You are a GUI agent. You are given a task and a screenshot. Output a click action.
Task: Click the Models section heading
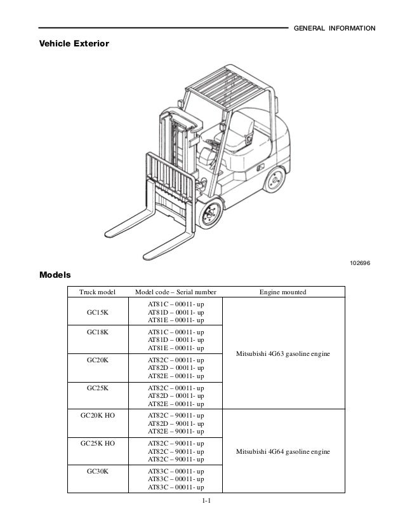55,276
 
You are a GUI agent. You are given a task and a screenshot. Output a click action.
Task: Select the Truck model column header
97,292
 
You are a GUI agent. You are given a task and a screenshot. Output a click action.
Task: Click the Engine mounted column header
282,292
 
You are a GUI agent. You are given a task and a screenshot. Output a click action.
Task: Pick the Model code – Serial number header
176,292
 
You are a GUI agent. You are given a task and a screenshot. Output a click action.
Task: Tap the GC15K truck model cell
97,313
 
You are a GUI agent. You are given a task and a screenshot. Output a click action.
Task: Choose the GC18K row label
97,332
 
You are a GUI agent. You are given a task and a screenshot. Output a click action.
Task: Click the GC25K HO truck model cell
97,442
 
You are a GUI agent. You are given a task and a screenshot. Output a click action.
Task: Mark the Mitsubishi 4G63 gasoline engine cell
282,353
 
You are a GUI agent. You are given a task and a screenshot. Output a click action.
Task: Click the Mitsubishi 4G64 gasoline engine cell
282,451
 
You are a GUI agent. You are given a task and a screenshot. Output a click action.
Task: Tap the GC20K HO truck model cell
97,414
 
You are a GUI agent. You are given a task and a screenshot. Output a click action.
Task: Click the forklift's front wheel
209,215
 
